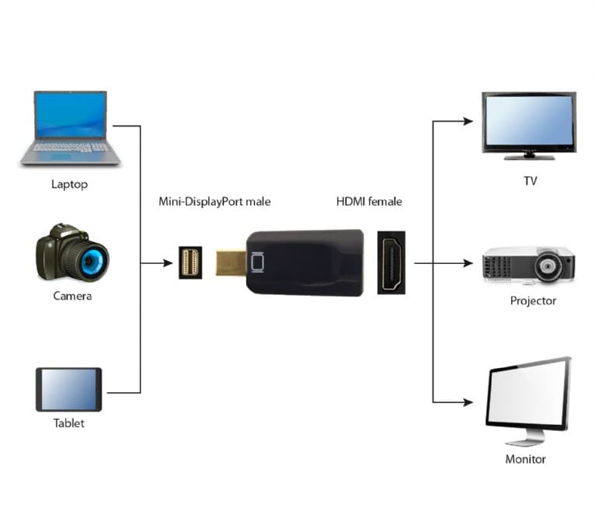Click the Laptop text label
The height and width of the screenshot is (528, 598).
coord(69,184)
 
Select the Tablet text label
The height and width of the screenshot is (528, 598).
coord(68,423)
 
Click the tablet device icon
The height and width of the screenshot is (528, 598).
coord(68,389)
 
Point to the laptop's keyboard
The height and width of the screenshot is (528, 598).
coord(71,147)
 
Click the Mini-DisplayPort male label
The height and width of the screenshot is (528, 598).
coord(215,202)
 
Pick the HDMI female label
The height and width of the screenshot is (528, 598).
coord(369,202)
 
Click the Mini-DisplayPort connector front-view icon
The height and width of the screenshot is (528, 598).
coord(190,262)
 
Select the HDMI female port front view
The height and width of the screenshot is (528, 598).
coord(391,262)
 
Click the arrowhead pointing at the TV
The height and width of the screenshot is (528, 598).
coord(468,120)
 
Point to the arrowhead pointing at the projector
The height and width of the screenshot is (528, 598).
coord(468,263)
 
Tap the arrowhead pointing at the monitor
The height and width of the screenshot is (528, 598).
coord(468,401)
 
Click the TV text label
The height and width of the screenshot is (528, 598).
coord(530,182)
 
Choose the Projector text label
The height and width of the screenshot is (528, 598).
coord(533,300)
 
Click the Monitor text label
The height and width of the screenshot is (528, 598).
coord(526,459)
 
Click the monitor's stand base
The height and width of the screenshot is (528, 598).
coord(526,440)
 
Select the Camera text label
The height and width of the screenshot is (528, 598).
coord(72,296)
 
